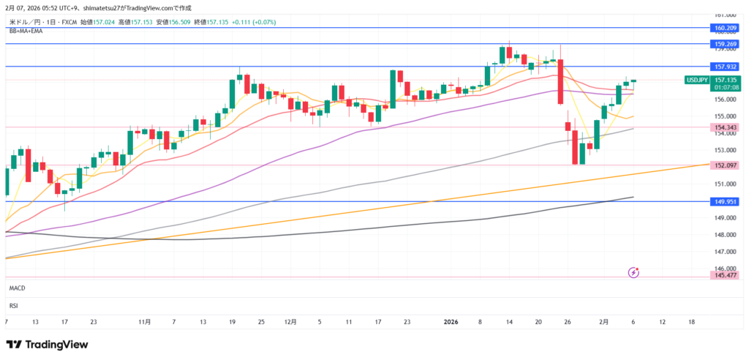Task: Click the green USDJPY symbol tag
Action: click(696, 80)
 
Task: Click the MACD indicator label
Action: click(18, 290)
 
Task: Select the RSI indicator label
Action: click(13, 306)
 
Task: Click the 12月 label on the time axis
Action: click(290, 322)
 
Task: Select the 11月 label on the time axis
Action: click(144, 322)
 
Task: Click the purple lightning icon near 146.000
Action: click(633, 272)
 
